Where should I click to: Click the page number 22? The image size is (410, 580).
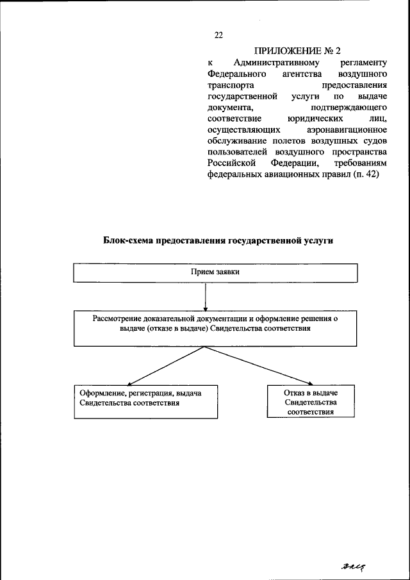[218, 35]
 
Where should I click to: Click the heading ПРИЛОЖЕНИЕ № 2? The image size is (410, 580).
[298, 51]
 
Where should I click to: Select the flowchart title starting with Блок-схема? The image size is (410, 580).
[218, 241]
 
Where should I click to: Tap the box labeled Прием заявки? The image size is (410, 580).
[215, 272]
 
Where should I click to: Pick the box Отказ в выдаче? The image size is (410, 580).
[310, 401]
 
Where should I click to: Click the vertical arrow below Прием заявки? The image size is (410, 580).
[204, 296]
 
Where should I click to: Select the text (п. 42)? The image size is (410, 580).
[365, 174]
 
